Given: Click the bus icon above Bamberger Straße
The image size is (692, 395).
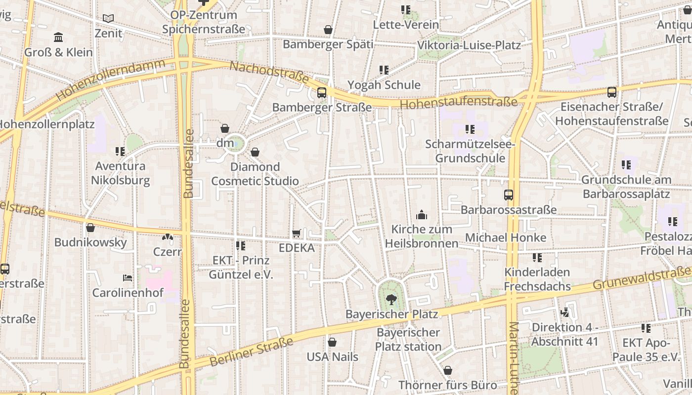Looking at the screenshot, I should [322, 92].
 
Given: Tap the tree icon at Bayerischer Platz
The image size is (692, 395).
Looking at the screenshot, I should [391, 299].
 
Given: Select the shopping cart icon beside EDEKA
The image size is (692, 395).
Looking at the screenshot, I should [297, 233].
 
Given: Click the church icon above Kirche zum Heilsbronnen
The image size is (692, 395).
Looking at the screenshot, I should [422, 214].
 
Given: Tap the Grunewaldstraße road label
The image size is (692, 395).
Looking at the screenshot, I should [642, 278].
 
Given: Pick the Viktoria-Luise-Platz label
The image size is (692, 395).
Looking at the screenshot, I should [469, 45].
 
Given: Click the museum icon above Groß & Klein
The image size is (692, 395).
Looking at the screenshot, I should [58, 37].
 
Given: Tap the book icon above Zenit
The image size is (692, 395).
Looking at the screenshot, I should [108, 19].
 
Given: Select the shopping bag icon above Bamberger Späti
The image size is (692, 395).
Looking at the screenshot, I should [328, 30].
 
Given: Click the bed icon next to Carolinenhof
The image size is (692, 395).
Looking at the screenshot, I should [128, 278].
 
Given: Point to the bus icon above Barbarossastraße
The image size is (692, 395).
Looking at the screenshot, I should [509, 195].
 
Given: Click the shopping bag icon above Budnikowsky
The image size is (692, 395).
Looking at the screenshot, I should [90, 228].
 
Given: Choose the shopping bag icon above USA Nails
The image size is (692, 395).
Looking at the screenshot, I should [332, 342].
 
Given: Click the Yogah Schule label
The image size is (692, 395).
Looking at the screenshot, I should [384, 85].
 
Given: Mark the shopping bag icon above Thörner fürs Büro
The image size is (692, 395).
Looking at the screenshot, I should [448, 370].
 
